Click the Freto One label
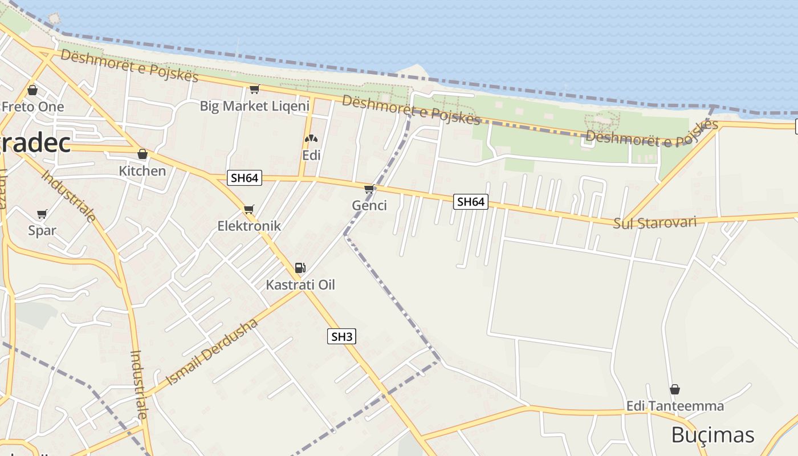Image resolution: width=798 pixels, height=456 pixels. (33, 107)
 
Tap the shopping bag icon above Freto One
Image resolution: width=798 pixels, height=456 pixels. (32, 90)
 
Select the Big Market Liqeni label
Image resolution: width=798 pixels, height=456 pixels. (254, 105)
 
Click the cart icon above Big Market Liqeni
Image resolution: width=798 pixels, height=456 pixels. (254, 89)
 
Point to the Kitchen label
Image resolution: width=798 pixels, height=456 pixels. (142, 170)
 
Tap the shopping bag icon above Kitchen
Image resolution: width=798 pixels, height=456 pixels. (142, 154)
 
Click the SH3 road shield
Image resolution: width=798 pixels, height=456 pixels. (342, 336)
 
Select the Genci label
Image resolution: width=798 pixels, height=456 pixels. (369, 205)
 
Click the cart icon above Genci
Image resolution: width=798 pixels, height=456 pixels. (369, 189)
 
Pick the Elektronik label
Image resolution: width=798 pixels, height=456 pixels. (249, 226)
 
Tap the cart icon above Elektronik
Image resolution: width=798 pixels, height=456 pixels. (249, 209)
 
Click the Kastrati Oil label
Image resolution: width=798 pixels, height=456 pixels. (300, 284)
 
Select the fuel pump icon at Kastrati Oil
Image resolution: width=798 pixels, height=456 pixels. (300, 267)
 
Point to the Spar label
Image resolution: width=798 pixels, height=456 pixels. (42, 230)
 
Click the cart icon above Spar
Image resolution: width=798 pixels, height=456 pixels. (42, 214)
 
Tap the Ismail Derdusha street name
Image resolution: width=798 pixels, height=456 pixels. (211, 352)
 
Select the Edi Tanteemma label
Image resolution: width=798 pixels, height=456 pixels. (675, 406)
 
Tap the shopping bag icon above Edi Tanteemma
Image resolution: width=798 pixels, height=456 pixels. (675, 389)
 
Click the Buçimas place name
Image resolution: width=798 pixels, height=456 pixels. (712, 435)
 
